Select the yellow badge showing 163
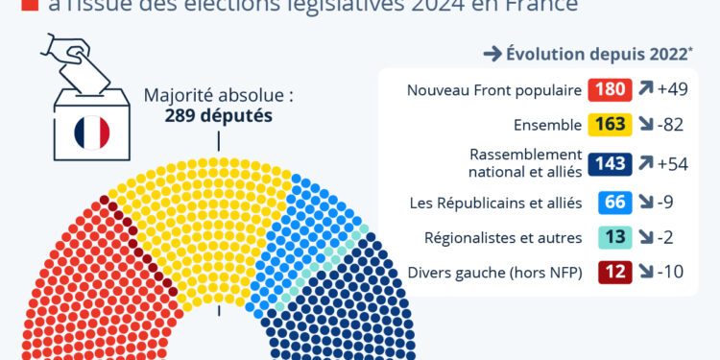pos(611,124)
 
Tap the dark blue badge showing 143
pos(611,164)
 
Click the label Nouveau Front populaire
pos(494,91)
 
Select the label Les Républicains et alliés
pos(501,203)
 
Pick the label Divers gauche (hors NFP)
pos(494,272)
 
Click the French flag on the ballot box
pos(92,132)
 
